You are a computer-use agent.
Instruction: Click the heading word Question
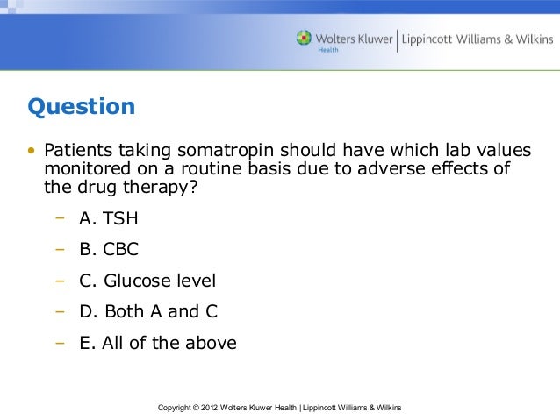pos(82,107)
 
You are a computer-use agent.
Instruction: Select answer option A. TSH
pos(109,218)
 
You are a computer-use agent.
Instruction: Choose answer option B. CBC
pos(109,249)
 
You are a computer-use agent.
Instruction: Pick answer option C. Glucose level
pos(147,281)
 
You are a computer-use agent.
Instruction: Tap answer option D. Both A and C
pos(148,311)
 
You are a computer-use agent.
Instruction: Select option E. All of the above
pos(158,343)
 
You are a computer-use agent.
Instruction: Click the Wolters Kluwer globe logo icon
pos(304,39)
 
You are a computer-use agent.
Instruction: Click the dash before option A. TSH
pos(60,218)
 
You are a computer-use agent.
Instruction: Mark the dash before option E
pos(60,343)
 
